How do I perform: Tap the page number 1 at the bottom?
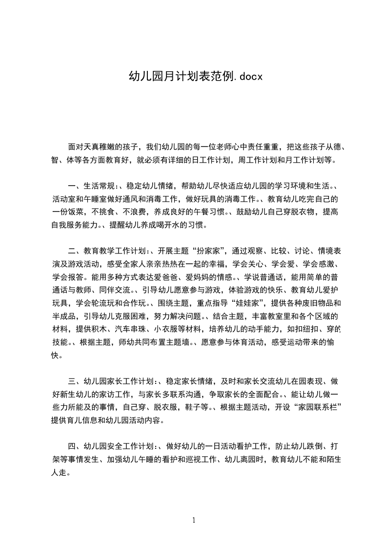pos(194,520)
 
